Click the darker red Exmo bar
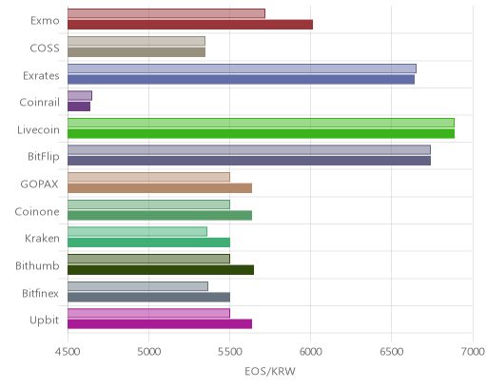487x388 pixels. click(x=190, y=25)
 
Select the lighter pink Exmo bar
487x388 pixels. click(x=166, y=13)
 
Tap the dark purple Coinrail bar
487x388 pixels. click(x=79, y=107)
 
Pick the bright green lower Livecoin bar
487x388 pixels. click(x=261, y=133)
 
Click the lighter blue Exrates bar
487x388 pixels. click(x=242, y=68)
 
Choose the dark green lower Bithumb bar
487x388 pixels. click(x=161, y=270)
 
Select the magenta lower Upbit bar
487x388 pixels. click(x=160, y=324)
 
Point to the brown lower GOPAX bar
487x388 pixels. click(x=160, y=188)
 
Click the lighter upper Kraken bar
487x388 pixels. click(x=137, y=232)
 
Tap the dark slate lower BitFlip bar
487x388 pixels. click(x=249, y=161)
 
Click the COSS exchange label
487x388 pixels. click(x=45, y=48)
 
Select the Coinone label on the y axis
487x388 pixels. click(x=37, y=212)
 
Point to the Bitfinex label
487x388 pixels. click(x=40, y=293)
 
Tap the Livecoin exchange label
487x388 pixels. click(x=38, y=130)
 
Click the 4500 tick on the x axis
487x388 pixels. click(x=68, y=352)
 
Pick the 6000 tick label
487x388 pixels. click(x=310, y=352)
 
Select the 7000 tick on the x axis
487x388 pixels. click(x=473, y=352)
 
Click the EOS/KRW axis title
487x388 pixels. click(x=270, y=371)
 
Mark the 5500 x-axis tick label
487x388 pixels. click(x=229, y=352)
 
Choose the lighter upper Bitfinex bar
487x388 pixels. click(x=138, y=286)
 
